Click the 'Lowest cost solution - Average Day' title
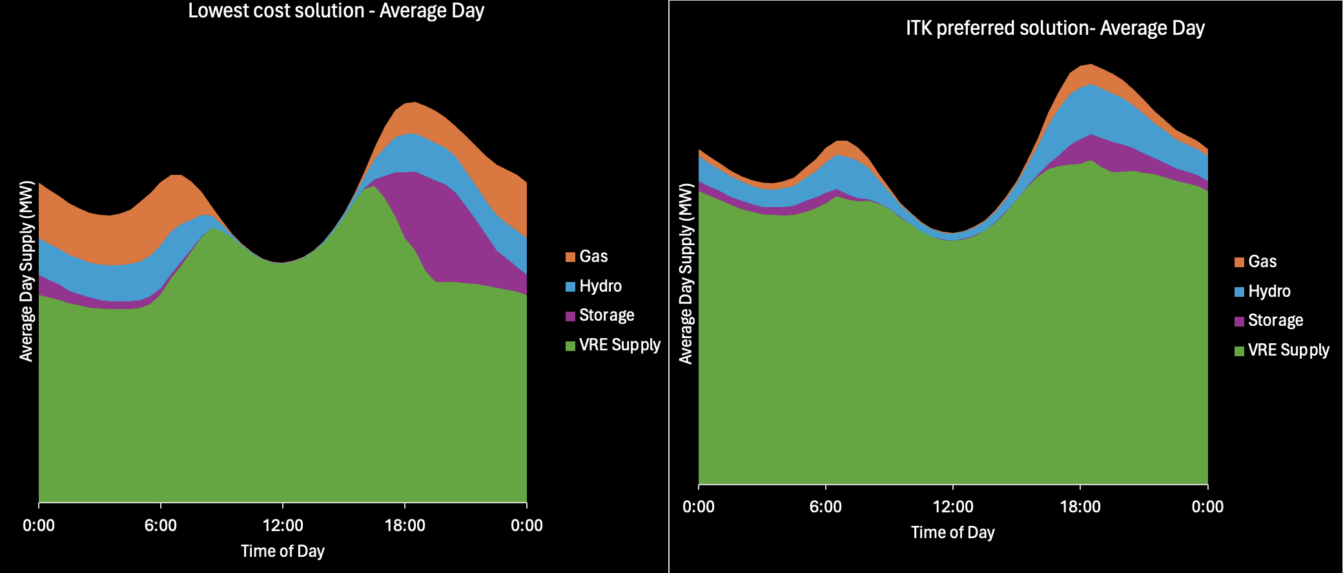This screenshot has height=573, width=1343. (336, 11)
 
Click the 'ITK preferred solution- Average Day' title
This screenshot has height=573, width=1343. (1055, 28)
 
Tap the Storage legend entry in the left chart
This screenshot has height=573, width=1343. (600, 315)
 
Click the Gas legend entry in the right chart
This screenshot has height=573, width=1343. (1256, 261)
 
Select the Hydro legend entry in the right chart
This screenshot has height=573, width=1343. (1263, 291)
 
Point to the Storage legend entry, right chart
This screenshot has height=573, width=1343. (1269, 320)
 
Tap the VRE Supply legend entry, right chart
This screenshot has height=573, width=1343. (1282, 350)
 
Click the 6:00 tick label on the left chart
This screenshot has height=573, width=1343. (161, 525)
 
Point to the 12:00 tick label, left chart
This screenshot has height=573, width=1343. (283, 525)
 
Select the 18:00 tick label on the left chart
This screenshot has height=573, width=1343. (405, 525)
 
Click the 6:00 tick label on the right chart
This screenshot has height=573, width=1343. (826, 507)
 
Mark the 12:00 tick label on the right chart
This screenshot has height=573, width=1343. (953, 507)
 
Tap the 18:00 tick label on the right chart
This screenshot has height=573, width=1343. (1080, 507)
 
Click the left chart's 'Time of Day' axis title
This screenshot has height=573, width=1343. (283, 551)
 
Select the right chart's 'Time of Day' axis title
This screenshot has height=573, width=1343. (953, 532)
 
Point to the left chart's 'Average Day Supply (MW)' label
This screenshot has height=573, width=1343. (26, 271)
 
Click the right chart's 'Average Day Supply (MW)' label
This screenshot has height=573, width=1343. (686, 274)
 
